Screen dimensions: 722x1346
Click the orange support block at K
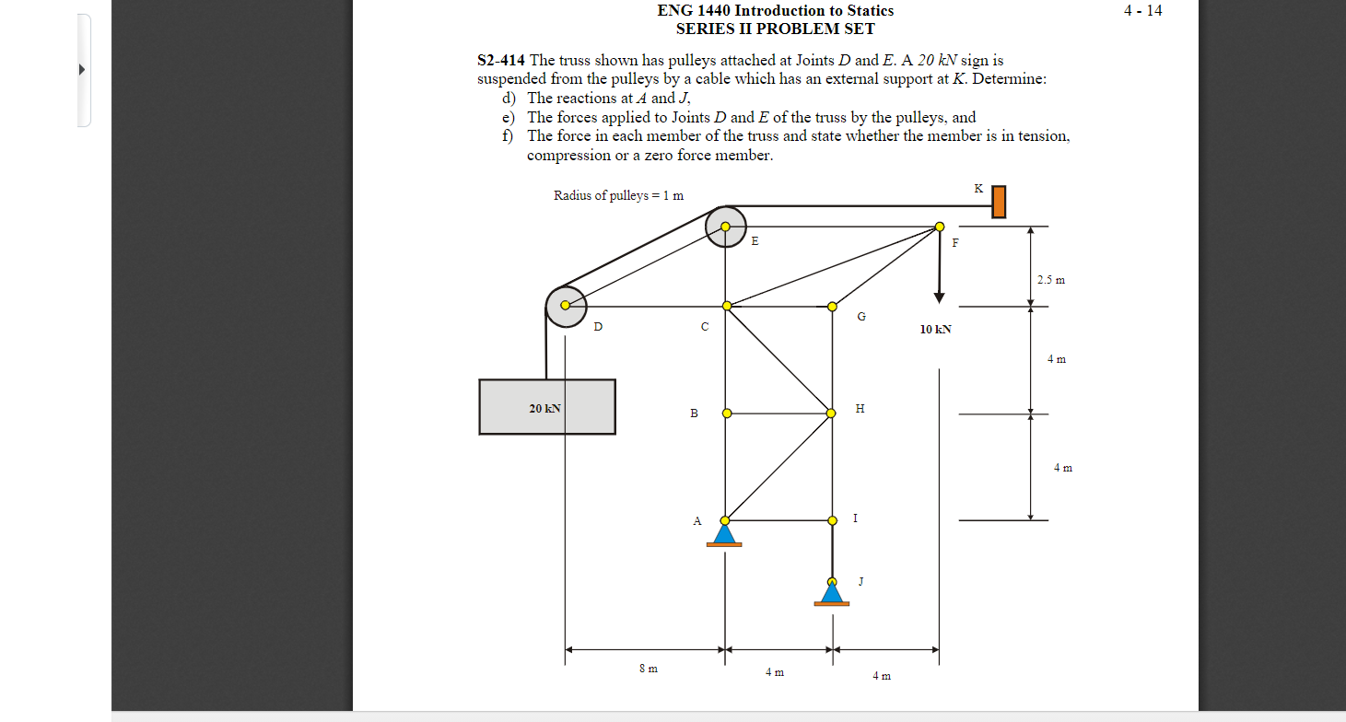[x=998, y=203]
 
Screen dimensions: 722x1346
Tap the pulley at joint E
[x=726, y=226]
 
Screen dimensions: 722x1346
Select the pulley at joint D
[x=566, y=306]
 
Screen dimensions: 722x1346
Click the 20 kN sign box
[x=547, y=407]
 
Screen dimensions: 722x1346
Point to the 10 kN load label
[x=935, y=329]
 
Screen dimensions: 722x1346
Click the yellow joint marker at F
[x=939, y=226]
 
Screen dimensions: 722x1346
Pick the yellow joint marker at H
[x=831, y=413]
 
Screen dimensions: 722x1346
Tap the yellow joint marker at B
[x=726, y=413]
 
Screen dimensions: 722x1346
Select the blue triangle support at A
[x=724, y=534]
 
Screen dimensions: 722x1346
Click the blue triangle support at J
[x=832, y=592]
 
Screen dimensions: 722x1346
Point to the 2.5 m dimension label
[x=1050, y=279]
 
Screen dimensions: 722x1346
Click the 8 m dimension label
[x=648, y=669]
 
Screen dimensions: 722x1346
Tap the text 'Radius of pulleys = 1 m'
[x=618, y=195]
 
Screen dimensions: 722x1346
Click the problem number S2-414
[x=501, y=61]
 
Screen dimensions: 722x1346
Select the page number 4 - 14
[x=1142, y=11]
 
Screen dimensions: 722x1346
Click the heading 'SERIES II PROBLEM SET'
[x=775, y=29]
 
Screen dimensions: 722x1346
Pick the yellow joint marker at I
[x=832, y=520]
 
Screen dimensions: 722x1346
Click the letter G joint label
[x=861, y=317]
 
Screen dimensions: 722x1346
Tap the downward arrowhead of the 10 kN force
[x=939, y=297]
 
